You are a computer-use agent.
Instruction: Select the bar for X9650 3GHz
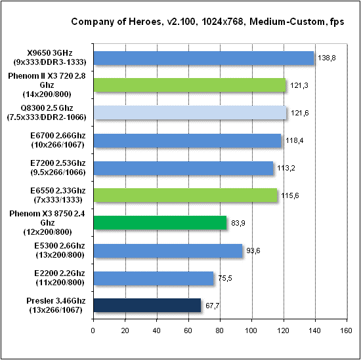point(204,58)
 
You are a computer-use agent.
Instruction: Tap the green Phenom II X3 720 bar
point(190,85)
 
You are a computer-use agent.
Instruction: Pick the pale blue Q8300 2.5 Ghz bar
point(190,113)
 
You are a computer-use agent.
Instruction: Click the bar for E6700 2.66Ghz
point(187,140)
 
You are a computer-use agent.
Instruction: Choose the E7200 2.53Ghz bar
point(183,168)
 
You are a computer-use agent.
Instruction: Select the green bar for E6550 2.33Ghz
point(185,195)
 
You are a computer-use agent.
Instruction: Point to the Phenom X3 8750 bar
point(160,222)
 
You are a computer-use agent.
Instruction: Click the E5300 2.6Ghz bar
point(168,250)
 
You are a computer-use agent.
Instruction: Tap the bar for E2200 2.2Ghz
point(154,277)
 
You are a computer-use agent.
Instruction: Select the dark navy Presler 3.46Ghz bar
point(147,305)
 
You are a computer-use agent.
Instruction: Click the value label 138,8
point(326,58)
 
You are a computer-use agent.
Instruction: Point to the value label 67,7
point(211,306)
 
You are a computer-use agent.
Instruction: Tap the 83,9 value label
point(237,223)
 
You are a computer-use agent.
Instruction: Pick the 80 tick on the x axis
point(220,330)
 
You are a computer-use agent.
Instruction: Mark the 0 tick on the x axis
point(94,330)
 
